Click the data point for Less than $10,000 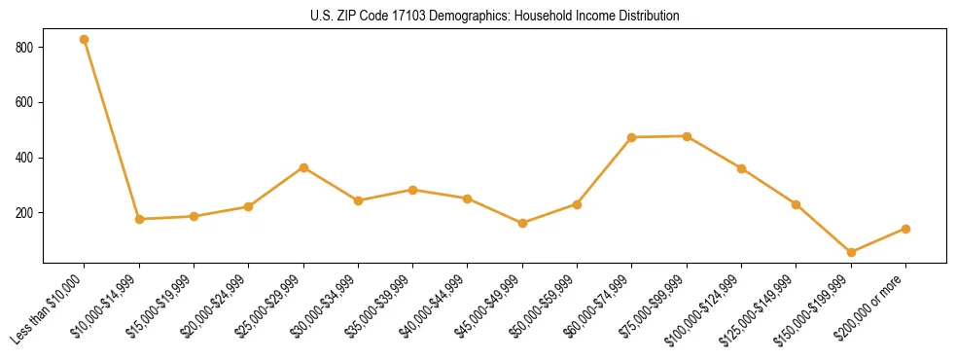pos(85,40)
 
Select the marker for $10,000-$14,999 pos(139,219)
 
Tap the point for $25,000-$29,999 pos(303,167)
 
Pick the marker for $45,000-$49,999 pos(522,223)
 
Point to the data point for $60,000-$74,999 pos(632,137)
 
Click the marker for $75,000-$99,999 pos(687,136)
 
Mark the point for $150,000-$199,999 pos(851,252)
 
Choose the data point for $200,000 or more pos(905,229)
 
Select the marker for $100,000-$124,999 pos(741,168)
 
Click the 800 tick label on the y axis pos(25,47)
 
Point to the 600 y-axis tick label pos(25,102)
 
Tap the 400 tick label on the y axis pos(25,158)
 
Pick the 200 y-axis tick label pos(25,212)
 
